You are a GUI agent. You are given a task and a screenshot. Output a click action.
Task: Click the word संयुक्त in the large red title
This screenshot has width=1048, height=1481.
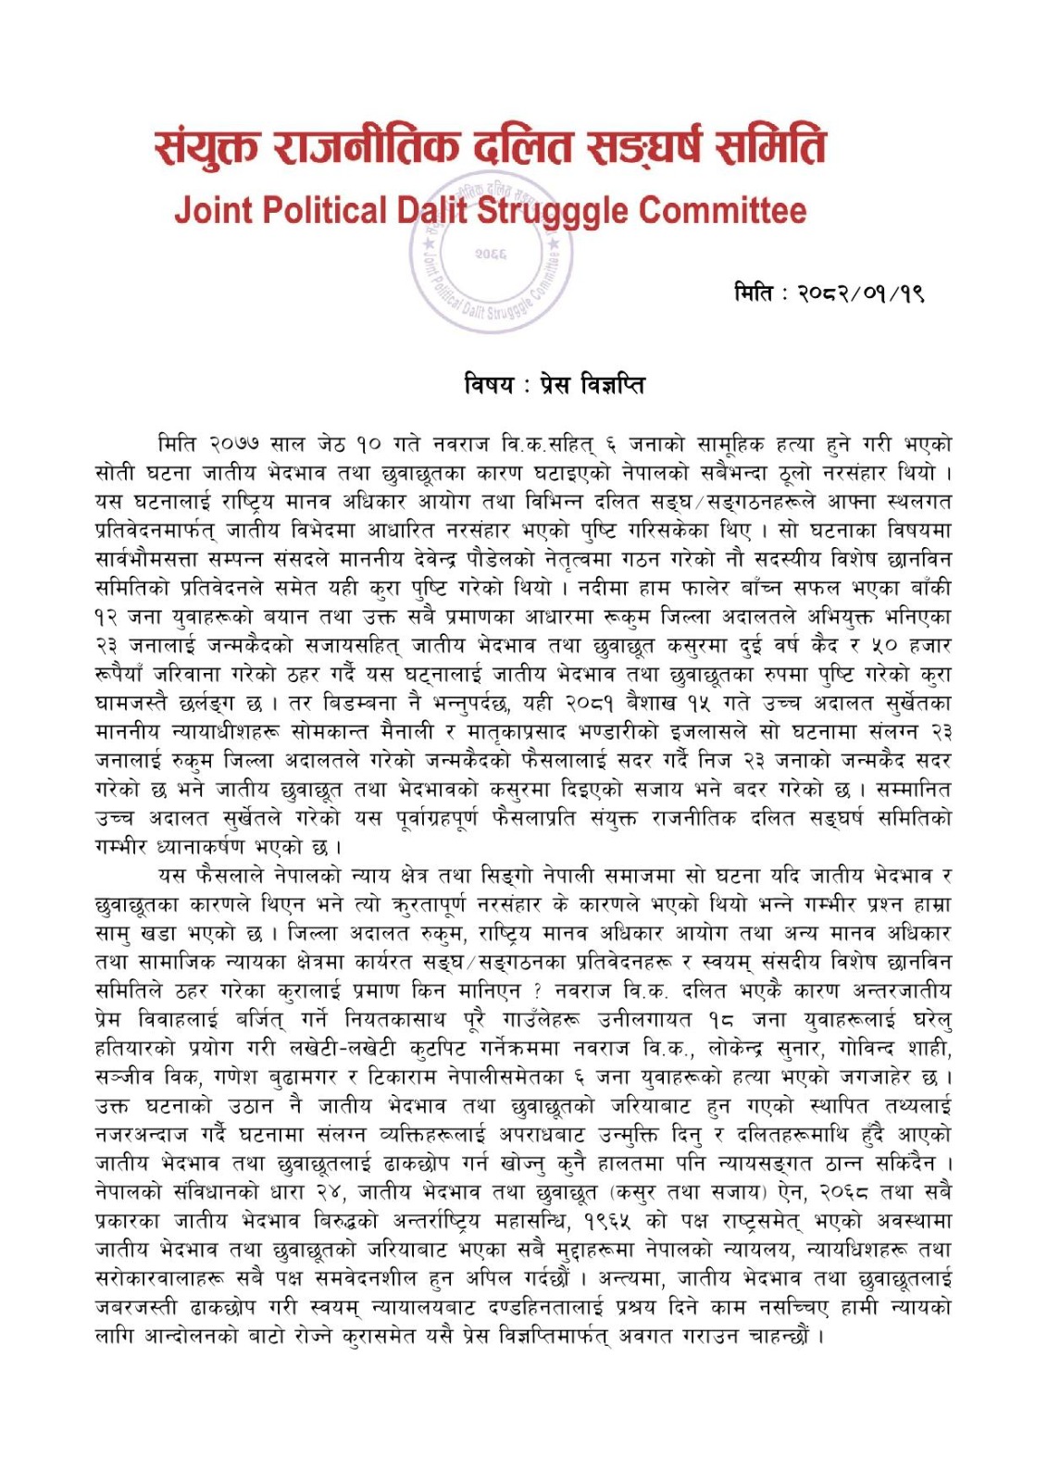point(209,147)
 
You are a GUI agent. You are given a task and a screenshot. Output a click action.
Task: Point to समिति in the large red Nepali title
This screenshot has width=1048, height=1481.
point(767,147)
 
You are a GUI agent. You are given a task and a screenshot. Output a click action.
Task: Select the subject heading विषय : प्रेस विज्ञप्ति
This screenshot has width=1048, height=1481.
point(555,383)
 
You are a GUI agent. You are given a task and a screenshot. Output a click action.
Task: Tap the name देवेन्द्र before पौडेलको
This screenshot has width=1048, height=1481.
point(600,560)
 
